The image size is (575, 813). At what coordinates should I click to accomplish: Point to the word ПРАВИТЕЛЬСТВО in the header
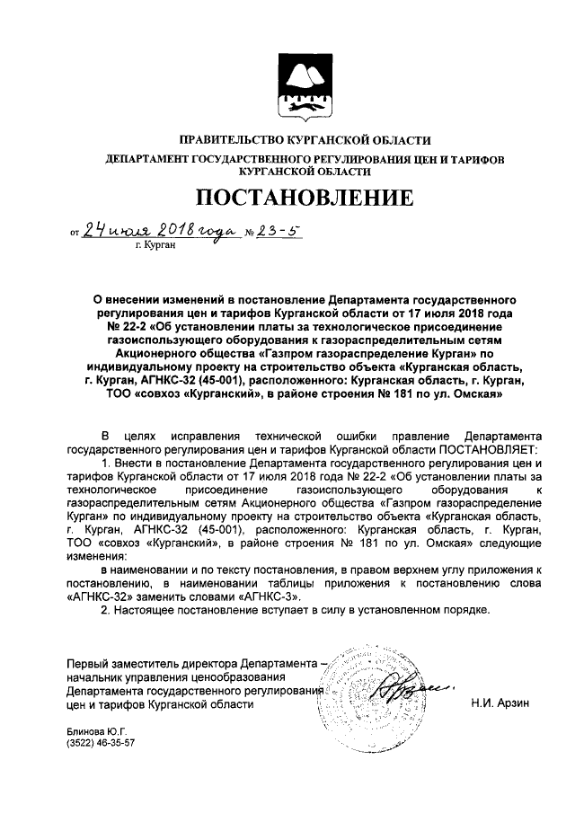click(230, 140)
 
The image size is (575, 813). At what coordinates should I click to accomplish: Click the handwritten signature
click(399, 691)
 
